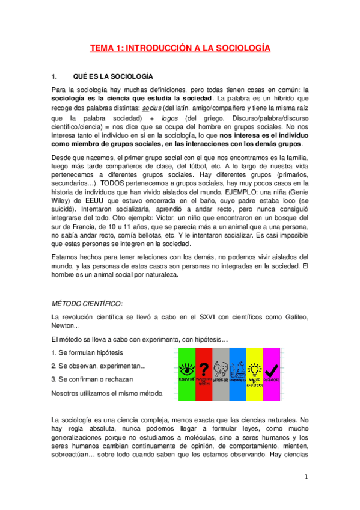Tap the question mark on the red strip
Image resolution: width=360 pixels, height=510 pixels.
(x=204, y=368)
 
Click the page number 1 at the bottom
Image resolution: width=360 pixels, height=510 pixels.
(x=307, y=478)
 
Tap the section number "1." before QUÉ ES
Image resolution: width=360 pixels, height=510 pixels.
(x=55, y=77)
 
